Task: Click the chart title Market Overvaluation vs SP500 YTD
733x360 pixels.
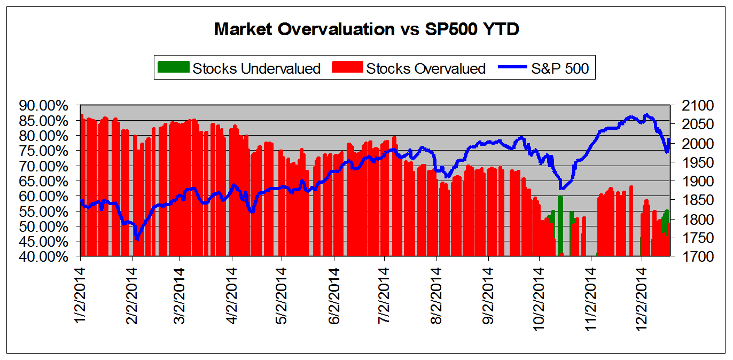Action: (x=367, y=29)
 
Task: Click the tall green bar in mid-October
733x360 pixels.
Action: (x=560, y=224)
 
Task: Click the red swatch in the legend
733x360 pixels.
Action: (x=347, y=68)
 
